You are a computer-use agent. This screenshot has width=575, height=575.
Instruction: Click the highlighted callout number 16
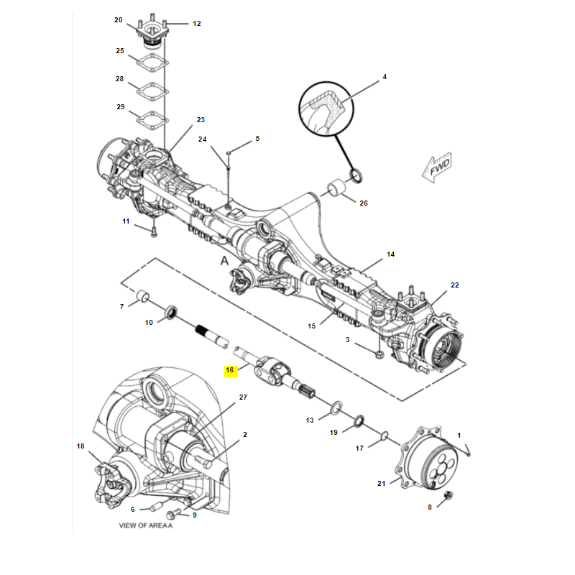click(x=231, y=371)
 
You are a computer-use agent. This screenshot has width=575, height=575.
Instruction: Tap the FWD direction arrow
click(x=438, y=168)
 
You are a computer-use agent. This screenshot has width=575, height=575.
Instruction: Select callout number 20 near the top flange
click(x=119, y=20)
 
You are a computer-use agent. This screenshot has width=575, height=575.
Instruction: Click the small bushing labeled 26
click(x=338, y=190)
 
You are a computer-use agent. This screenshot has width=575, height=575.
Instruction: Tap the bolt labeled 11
click(x=153, y=231)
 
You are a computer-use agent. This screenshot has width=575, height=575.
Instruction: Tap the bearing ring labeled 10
click(x=172, y=312)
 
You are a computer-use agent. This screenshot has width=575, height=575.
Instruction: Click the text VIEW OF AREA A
click(x=146, y=525)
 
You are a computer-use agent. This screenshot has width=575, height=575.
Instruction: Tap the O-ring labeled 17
click(x=385, y=435)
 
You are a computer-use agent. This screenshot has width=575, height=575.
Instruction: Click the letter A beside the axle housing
click(x=224, y=262)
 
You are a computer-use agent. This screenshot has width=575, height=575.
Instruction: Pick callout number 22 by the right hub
click(x=454, y=285)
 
